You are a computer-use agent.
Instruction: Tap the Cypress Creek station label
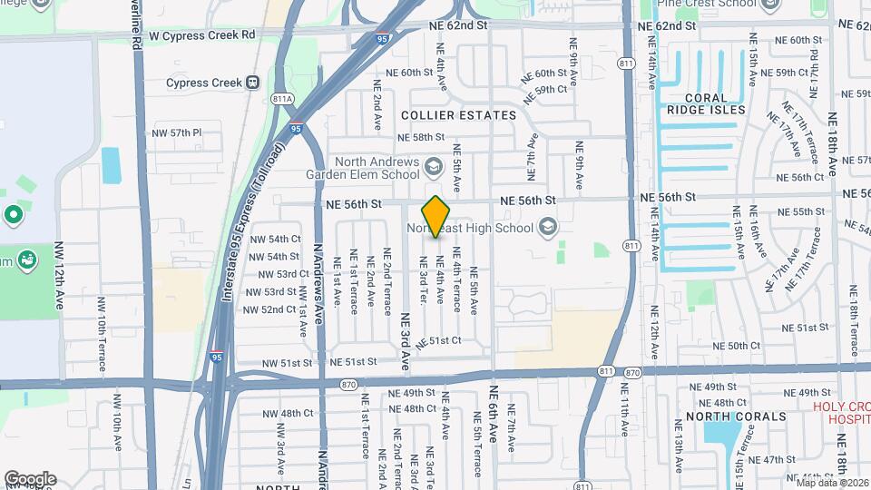click(x=204, y=82)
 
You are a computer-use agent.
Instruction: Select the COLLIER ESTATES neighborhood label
click(x=458, y=115)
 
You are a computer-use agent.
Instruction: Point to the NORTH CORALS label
click(x=736, y=416)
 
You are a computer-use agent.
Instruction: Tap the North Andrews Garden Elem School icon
click(x=434, y=166)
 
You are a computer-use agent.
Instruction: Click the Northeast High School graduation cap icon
click(x=547, y=225)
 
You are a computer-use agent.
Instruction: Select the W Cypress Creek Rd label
click(x=202, y=34)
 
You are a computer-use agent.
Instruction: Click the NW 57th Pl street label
click(x=176, y=132)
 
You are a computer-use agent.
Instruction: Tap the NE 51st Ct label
click(x=439, y=341)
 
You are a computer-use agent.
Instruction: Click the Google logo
click(x=30, y=478)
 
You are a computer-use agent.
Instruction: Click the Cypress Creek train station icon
click(x=252, y=82)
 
